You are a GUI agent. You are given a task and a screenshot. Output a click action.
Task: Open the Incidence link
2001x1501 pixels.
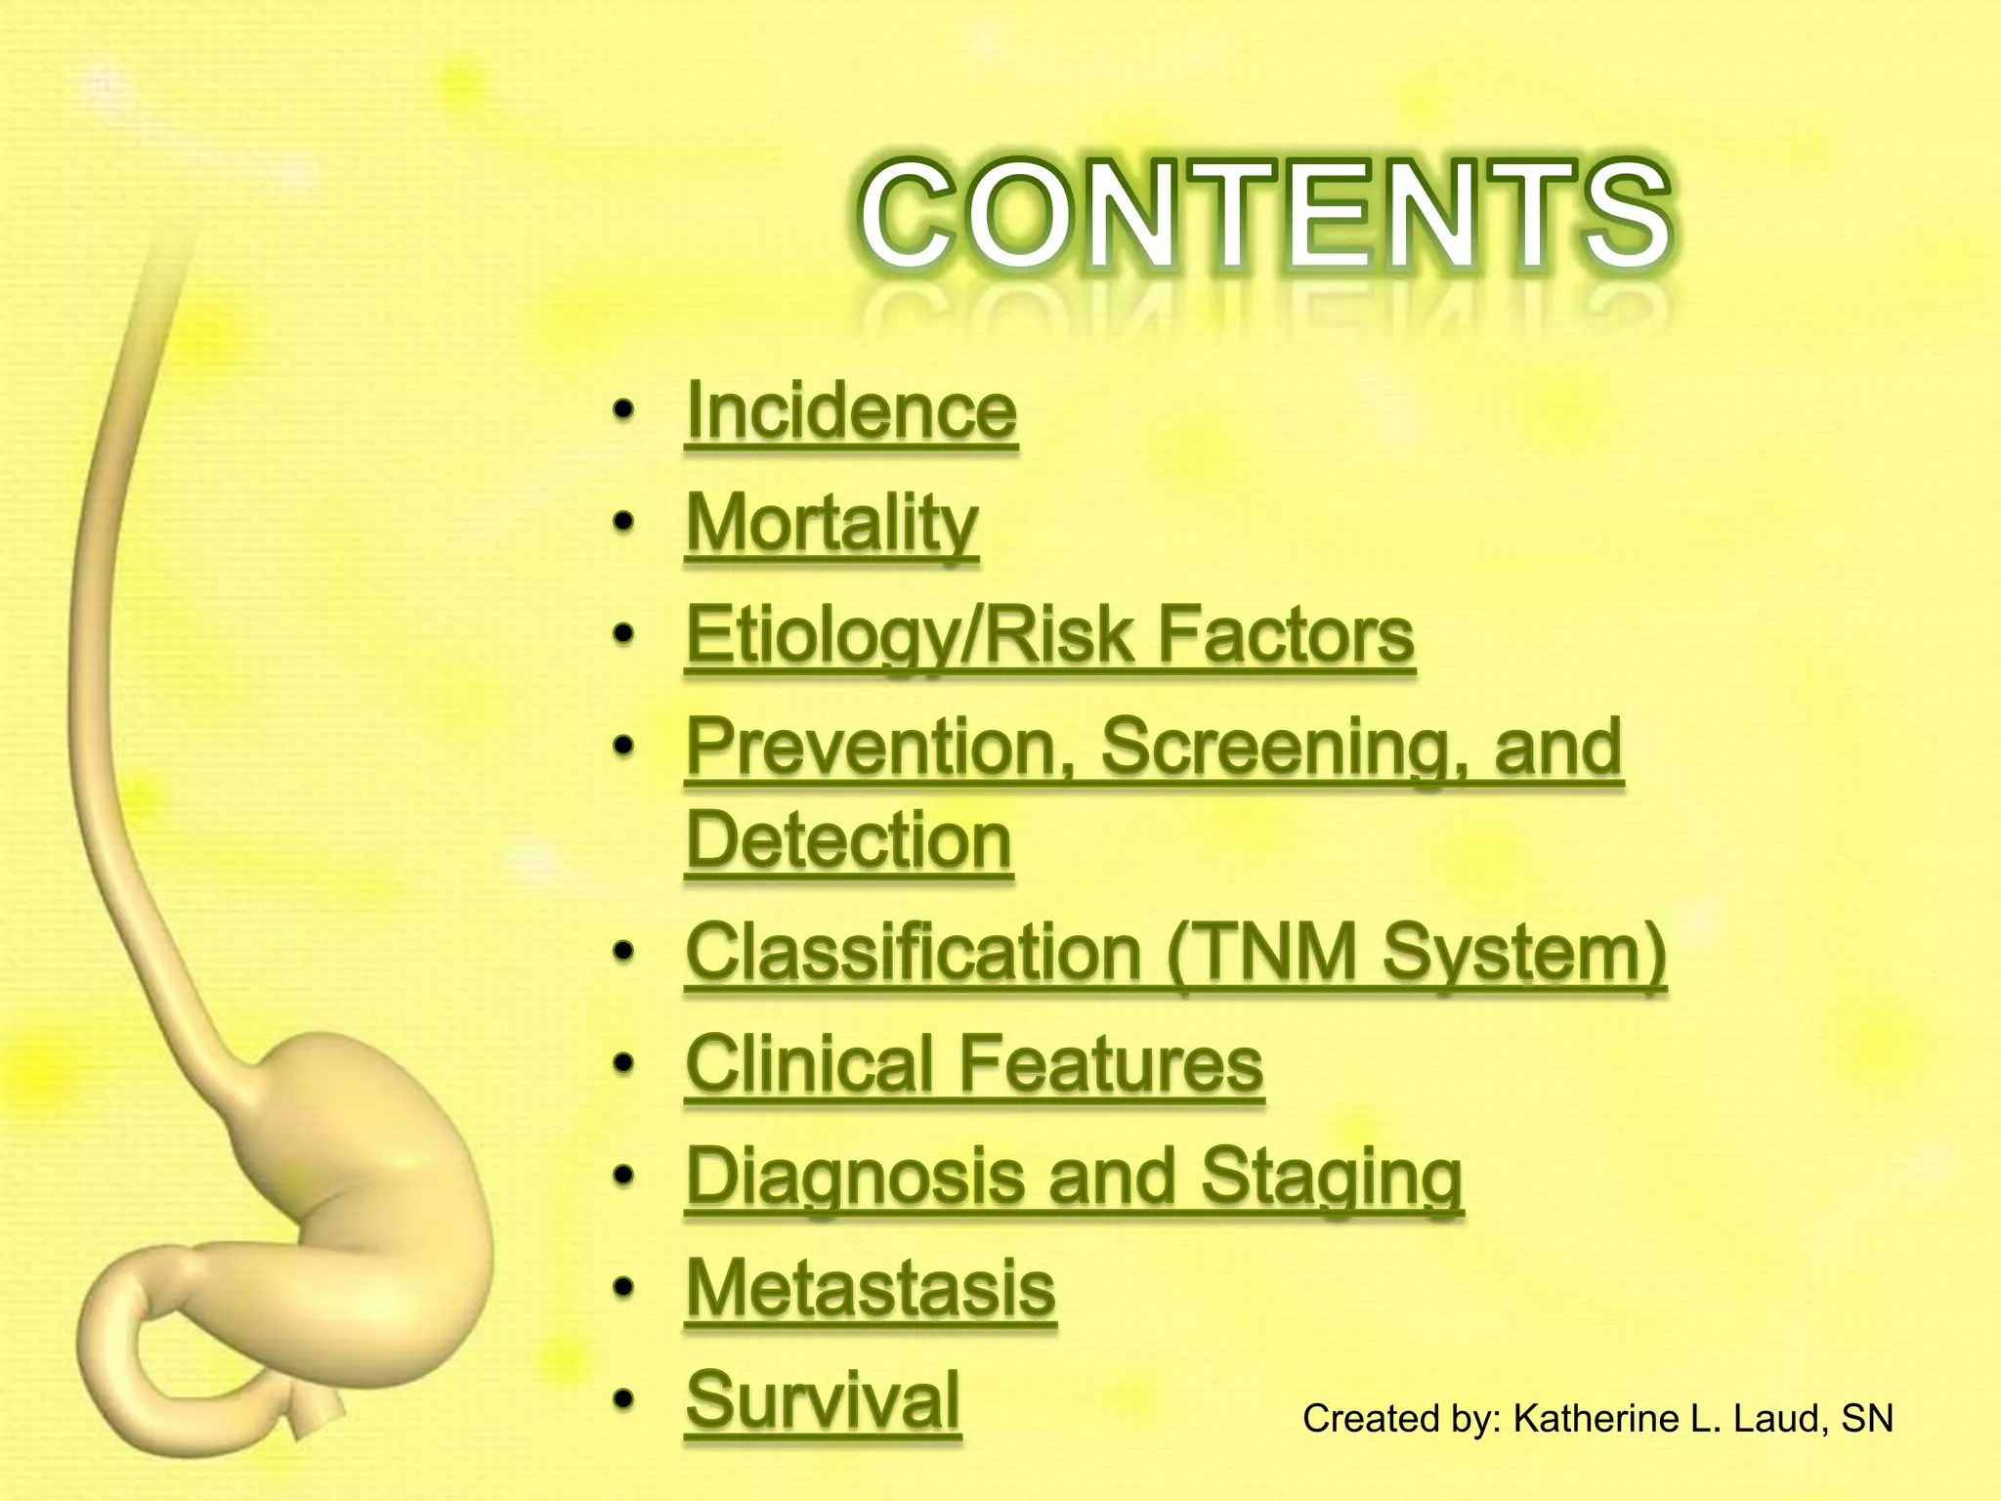click(x=851, y=411)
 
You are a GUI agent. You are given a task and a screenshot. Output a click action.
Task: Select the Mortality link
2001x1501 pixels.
click(x=831, y=524)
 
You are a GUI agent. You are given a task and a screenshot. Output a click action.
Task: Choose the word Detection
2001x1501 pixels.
click(x=848, y=840)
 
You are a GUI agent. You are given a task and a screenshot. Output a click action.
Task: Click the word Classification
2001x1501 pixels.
click(x=914, y=952)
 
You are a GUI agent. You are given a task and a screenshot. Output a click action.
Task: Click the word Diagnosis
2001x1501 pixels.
click(x=856, y=1177)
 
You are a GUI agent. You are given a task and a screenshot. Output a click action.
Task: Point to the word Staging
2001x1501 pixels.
click(x=1331, y=1177)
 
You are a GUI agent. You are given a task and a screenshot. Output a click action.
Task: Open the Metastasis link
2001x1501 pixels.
click(x=871, y=1288)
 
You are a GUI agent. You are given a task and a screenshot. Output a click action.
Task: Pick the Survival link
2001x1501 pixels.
click(x=823, y=1399)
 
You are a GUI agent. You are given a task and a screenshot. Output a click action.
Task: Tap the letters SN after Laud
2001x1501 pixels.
click(x=1866, y=1419)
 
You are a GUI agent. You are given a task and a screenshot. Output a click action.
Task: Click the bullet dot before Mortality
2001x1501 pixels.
click(x=623, y=524)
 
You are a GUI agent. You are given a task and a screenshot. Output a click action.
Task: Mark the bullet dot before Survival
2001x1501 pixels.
click(x=623, y=1399)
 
